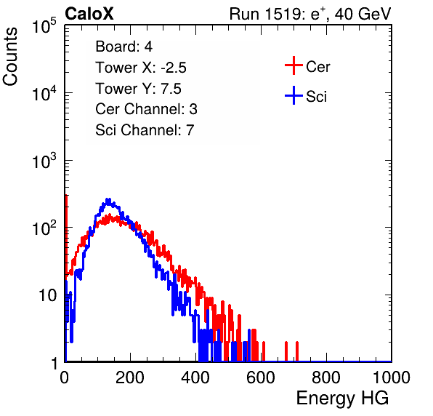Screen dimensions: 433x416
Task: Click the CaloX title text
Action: click(89, 14)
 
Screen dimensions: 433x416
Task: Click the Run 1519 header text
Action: click(309, 14)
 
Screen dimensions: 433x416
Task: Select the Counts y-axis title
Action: click(10, 57)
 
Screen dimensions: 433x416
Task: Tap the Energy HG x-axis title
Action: click(342, 399)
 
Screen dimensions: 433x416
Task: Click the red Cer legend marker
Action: click(294, 65)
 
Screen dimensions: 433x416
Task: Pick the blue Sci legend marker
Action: click(294, 95)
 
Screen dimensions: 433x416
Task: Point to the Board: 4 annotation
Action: click(124, 47)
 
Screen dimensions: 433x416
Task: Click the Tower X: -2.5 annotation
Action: click(141, 68)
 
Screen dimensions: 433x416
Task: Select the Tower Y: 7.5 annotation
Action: click(138, 89)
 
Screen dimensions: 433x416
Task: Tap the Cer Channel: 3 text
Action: click(146, 109)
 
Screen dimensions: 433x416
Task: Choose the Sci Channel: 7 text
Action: click(145, 130)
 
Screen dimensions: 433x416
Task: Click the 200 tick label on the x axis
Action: click(130, 377)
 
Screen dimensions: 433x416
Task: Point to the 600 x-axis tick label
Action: click(261, 377)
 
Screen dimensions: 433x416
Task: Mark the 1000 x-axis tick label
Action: click(392, 377)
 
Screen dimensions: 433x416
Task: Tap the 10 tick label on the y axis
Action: click(47, 296)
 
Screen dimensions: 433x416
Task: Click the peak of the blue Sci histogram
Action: click(108, 199)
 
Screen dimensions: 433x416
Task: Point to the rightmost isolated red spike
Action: click(297, 351)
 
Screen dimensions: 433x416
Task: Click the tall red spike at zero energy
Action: click(66, 235)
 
